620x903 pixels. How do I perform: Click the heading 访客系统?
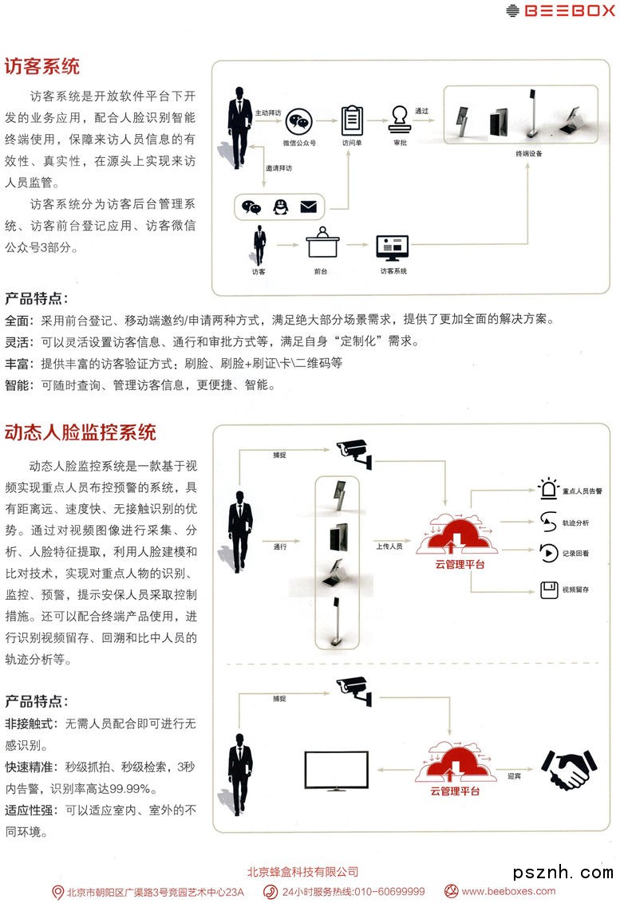(42, 66)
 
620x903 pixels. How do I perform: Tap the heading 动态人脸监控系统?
(81, 433)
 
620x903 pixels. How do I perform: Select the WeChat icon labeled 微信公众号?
(298, 122)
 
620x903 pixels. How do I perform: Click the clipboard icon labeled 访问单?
(351, 120)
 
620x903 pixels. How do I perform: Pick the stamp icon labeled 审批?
(400, 122)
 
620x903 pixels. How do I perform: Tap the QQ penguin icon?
(280, 207)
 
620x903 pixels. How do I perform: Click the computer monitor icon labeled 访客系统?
(393, 246)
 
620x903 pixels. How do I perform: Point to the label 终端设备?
(528, 153)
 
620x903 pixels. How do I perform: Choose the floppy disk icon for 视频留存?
(548, 590)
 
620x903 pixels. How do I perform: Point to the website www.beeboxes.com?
(508, 891)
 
